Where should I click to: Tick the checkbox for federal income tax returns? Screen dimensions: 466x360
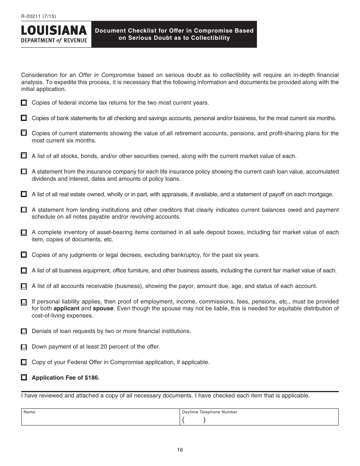[x=24, y=103]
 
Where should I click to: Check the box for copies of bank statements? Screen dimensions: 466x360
[x=24, y=118]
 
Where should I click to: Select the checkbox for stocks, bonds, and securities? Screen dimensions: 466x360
[x=24, y=156]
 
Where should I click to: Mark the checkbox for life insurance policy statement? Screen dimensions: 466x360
[x=24, y=172]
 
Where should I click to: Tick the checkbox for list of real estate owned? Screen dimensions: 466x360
[x=24, y=194]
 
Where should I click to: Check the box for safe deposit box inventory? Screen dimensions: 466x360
[x=24, y=233]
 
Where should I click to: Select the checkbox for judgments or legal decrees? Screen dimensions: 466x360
[x=24, y=255]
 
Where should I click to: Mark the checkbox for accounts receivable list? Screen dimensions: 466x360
[x=24, y=286]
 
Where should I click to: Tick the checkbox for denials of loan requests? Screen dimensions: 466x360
[x=24, y=332]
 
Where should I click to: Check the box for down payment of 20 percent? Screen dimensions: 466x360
[x=24, y=347]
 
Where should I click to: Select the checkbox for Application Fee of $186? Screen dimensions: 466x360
[x=24, y=378]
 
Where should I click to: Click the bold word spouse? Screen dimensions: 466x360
[x=103, y=308]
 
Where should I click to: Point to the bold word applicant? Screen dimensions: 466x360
[x=66, y=308]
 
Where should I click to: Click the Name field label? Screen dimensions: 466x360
[x=29, y=412]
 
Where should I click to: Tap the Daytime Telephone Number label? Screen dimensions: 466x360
[x=210, y=412]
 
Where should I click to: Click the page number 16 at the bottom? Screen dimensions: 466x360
[x=180, y=450]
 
